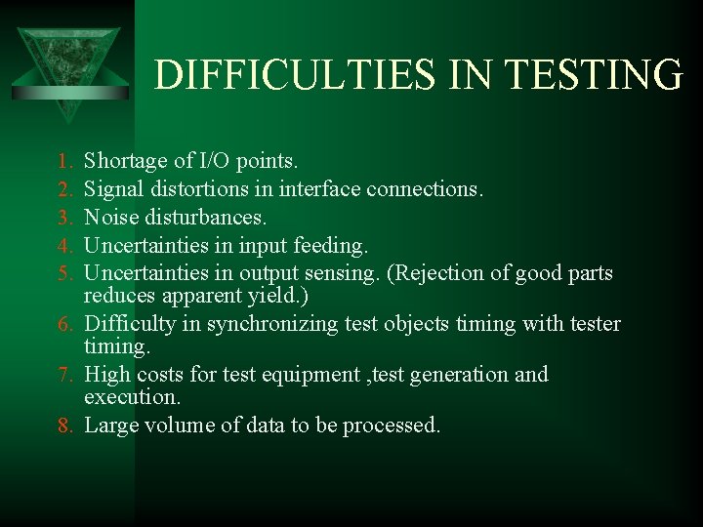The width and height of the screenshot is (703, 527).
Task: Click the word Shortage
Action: pyautogui.click(x=123, y=160)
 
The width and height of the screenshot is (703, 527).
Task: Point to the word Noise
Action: pyautogui.click(x=110, y=215)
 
